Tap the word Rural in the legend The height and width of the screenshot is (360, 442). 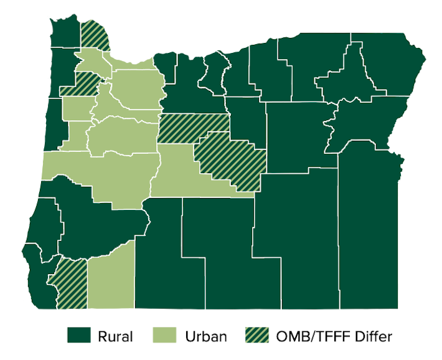pos(115,337)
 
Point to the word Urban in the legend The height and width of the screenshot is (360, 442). pos(205,337)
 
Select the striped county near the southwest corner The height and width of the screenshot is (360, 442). pos(72,284)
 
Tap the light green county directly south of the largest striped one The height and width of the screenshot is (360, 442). pos(187,174)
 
